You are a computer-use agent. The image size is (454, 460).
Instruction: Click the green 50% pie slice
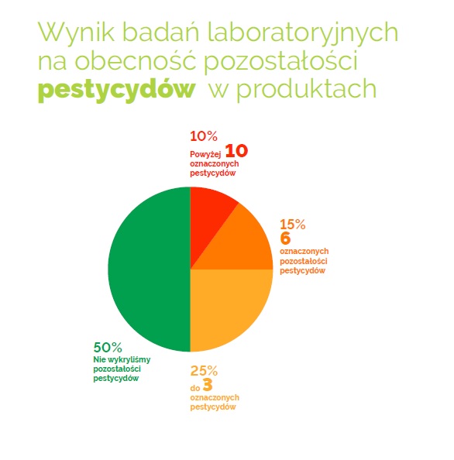(x=149, y=269)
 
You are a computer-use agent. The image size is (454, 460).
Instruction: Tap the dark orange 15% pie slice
(x=243, y=246)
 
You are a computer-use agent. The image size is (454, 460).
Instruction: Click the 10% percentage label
(x=204, y=136)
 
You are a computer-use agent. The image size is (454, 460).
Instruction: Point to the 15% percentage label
(x=293, y=225)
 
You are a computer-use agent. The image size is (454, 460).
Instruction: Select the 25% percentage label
(x=204, y=371)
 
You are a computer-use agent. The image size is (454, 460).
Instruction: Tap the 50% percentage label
(x=108, y=348)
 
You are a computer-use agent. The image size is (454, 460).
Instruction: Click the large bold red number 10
(x=236, y=151)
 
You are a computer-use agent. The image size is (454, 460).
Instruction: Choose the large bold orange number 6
(x=285, y=238)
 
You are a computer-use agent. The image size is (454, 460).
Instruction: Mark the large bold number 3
(x=208, y=385)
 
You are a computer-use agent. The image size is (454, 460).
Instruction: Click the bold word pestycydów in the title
(x=117, y=89)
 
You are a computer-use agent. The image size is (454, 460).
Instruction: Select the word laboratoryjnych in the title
(x=303, y=33)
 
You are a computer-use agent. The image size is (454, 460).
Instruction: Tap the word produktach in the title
(x=306, y=89)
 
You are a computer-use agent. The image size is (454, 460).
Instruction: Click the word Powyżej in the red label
(x=205, y=155)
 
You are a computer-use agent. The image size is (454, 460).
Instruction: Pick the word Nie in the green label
(x=99, y=359)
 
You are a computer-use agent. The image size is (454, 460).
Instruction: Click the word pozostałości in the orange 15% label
(x=304, y=261)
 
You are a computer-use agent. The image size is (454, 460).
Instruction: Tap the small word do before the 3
(x=195, y=388)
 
